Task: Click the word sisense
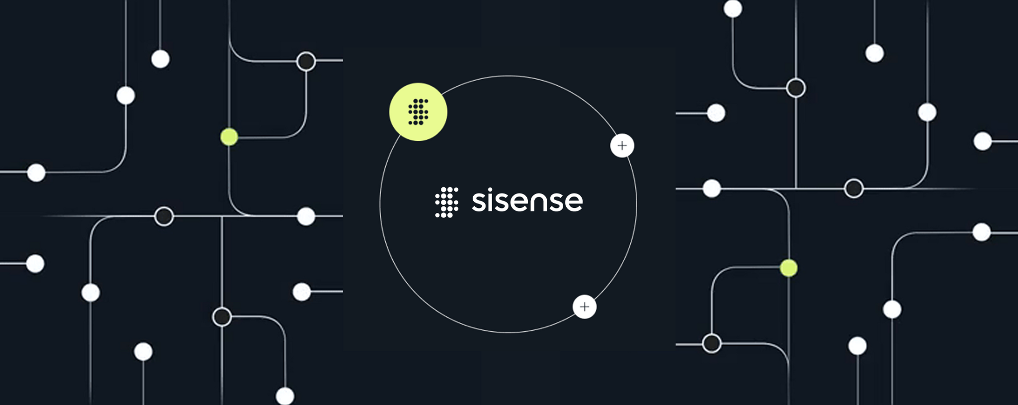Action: [x=527, y=201]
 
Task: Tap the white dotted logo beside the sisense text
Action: [x=446, y=202]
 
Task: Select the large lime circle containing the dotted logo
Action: [x=418, y=112]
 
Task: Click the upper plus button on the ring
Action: [x=622, y=146]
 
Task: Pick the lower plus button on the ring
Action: [x=585, y=306]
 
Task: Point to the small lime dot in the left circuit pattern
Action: [x=229, y=136]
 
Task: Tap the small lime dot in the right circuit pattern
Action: [x=788, y=268]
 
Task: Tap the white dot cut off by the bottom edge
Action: [x=285, y=397]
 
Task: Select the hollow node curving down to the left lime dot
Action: [x=306, y=62]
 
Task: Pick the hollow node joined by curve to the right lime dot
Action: [x=711, y=343]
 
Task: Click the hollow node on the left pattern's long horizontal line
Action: [x=164, y=216]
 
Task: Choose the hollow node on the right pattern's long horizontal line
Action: [x=853, y=189]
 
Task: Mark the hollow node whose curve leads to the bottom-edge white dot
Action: [x=222, y=317]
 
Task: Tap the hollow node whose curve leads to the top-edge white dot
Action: [x=796, y=88]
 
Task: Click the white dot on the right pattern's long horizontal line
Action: [x=712, y=189]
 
